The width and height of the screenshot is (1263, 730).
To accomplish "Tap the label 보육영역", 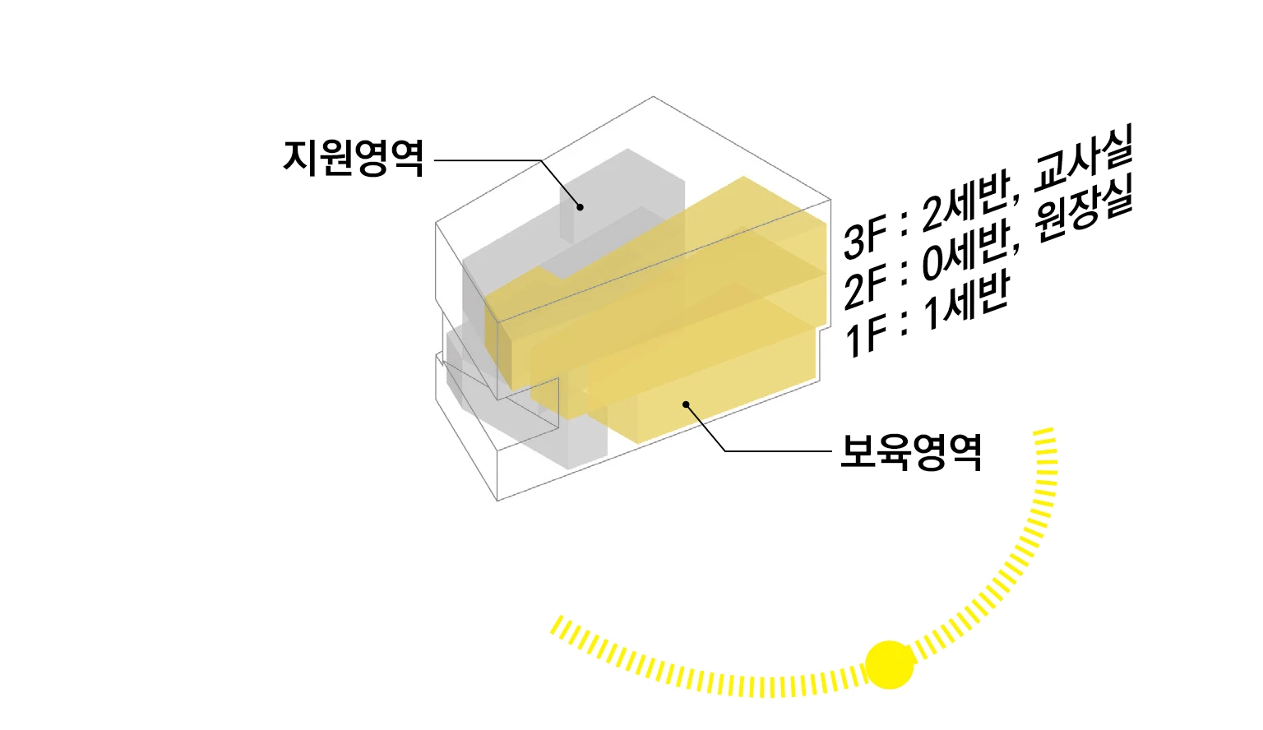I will (x=911, y=451).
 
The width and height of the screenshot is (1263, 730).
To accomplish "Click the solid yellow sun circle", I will (x=890, y=664).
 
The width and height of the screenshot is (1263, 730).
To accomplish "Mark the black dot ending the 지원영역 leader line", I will (x=580, y=206).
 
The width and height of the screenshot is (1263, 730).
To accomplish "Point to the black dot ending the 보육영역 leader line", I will (x=685, y=404).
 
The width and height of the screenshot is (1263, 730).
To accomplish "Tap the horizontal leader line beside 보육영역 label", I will (x=778, y=451).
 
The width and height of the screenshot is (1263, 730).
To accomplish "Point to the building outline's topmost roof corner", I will (x=654, y=97).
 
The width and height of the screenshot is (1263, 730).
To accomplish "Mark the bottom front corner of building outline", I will (x=497, y=500).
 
